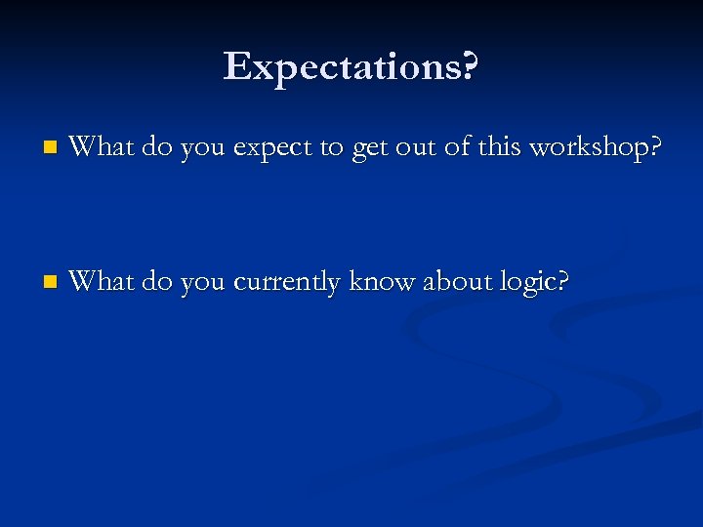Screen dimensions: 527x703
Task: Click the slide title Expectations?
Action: (351, 67)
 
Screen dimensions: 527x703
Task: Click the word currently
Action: (287, 282)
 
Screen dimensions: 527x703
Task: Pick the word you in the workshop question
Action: (202, 148)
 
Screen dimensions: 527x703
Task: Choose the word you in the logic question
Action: (202, 282)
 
